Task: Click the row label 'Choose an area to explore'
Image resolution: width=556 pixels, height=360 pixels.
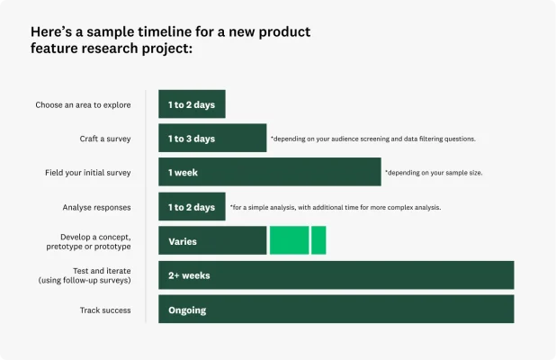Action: pyautogui.click(x=83, y=105)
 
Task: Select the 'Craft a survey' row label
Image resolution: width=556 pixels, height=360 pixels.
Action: pyautogui.click(x=105, y=139)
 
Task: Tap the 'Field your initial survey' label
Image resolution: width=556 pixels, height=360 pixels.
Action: pyautogui.click(x=88, y=173)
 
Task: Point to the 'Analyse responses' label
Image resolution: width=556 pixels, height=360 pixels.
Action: pyautogui.click(x=96, y=207)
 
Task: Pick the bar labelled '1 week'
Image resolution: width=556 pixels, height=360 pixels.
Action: pyautogui.click(x=269, y=172)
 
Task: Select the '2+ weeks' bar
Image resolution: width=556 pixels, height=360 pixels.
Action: pyautogui.click(x=336, y=275)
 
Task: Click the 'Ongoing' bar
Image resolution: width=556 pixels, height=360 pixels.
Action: pyautogui.click(x=336, y=310)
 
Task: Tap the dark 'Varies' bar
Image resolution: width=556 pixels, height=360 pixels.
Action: pyautogui.click(x=212, y=241)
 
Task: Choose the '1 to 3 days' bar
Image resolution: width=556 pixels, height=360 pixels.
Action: pyautogui.click(x=212, y=139)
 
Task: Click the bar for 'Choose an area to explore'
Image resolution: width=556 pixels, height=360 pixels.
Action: pyautogui.click(x=192, y=104)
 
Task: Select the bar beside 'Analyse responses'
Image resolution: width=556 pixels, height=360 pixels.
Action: pyautogui.click(x=192, y=207)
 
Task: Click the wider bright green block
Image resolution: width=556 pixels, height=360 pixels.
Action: pyautogui.click(x=289, y=241)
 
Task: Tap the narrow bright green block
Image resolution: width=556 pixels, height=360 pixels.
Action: pyautogui.click(x=318, y=241)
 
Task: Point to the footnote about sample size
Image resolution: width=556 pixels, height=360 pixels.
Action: pyautogui.click(x=434, y=173)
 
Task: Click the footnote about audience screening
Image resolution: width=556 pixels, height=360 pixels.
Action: pyautogui.click(x=373, y=139)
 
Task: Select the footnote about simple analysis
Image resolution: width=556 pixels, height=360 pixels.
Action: pyautogui.click(x=335, y=208)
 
